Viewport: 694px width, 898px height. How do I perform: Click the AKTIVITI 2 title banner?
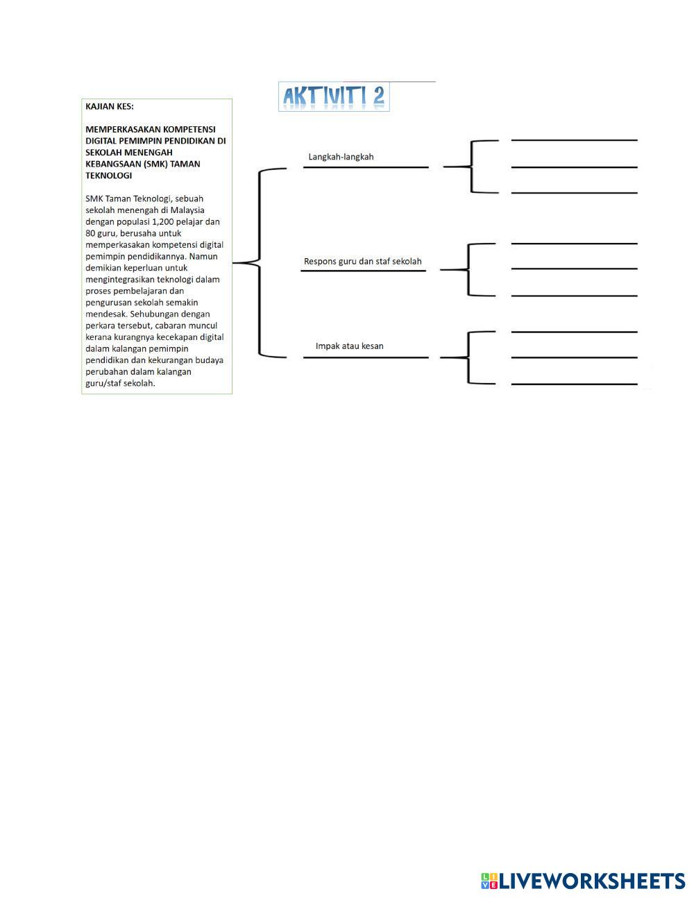334,97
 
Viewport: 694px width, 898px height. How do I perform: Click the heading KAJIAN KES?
110,106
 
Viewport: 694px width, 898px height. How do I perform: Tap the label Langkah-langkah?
341,157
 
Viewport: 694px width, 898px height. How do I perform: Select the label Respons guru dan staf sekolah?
362,262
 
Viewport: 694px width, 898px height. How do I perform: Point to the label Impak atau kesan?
349,346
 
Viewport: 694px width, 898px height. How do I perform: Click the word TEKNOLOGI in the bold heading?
108,176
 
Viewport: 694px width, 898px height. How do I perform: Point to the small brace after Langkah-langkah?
471,167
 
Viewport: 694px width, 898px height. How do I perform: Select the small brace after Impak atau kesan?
468,357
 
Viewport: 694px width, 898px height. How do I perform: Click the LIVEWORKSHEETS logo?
582,881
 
